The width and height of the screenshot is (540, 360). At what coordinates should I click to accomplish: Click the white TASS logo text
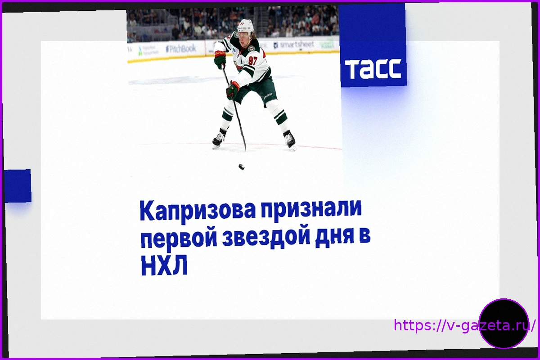pyautogui.click(x=373, y=69)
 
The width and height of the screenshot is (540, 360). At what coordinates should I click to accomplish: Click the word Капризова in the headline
pyautogui.click(x=198, y=211)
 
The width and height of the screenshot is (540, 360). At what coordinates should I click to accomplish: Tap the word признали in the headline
pyautogui.click(x=311, y=209)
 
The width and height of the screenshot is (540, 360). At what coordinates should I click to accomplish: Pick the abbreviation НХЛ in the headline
pyautogui.click(x=164, y=265)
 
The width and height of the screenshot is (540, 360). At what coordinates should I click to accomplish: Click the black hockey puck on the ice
pyautogui.click(x=241, y=166)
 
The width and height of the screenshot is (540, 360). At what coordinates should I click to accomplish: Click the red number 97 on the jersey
pyautogui.click(x=252, y=60)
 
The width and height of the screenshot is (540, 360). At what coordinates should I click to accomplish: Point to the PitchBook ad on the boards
pyautogui.click(x=181, y=49)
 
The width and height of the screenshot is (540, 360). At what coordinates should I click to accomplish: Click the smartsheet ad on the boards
pyautogui.click(x=294, y=45)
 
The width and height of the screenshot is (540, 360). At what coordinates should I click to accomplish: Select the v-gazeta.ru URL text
pyautogui.click(x=464, y=325)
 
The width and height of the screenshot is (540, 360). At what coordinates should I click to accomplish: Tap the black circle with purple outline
pyautogui.click(x=504, y=324)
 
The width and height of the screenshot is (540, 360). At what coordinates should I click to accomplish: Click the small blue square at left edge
pyautogui.click(x=18, y=186)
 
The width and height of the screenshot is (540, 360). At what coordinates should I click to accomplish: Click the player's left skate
pyautogui.click(x=290, y=140)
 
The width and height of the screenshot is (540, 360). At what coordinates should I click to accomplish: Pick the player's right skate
pyautogui.click(x=219, y=139)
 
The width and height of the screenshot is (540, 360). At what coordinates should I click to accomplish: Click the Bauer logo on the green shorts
pyautogui.click(x=268, y=96)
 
